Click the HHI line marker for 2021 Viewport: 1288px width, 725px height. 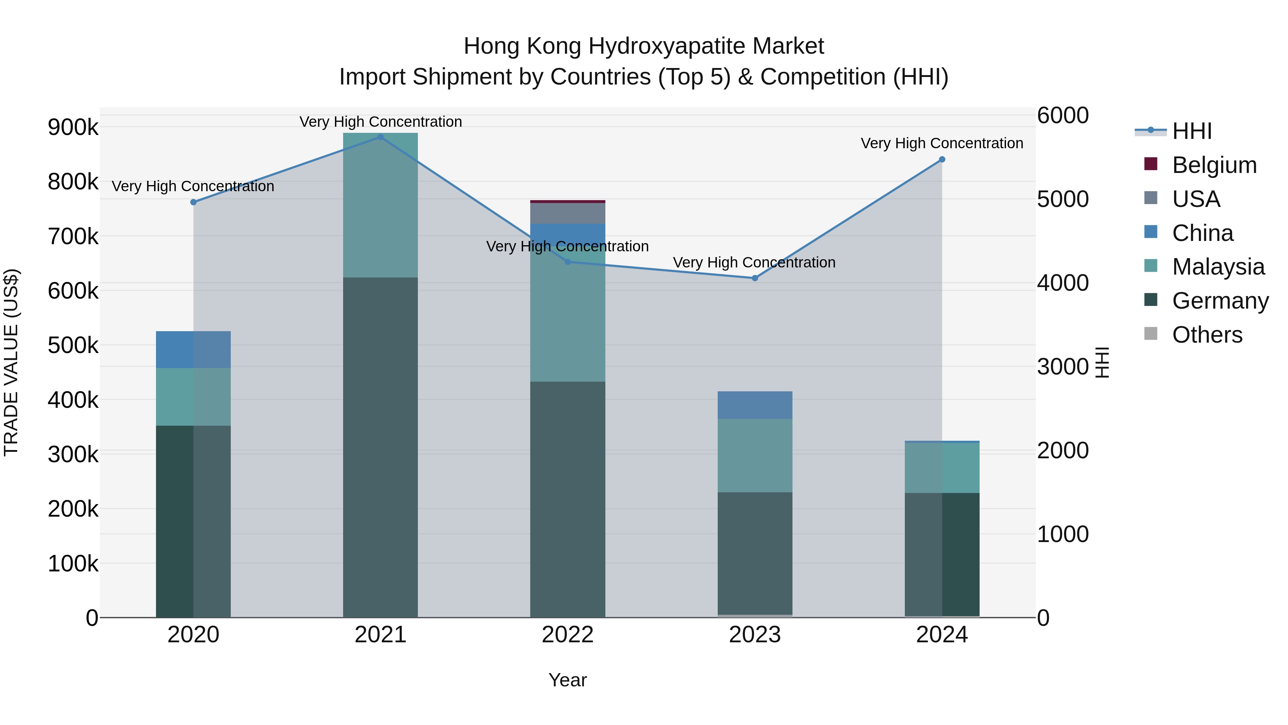coord(381,137)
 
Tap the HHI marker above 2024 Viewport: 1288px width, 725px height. coord(942,160)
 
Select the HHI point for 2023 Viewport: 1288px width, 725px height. coord(755,278)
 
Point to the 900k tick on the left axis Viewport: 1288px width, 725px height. coord(73,127)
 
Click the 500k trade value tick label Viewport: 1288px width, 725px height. coord(73,345)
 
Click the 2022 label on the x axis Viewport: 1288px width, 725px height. coord(567,635)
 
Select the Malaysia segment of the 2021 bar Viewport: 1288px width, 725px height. coord(381,205)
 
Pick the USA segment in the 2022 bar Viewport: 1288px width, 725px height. coord(567,213)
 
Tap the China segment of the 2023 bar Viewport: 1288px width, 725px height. coord(755,405)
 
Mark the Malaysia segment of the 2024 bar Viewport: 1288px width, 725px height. coord(942,468)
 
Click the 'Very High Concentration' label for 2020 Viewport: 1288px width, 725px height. coord(193,186)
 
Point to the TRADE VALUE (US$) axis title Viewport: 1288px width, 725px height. coord(11,362)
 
